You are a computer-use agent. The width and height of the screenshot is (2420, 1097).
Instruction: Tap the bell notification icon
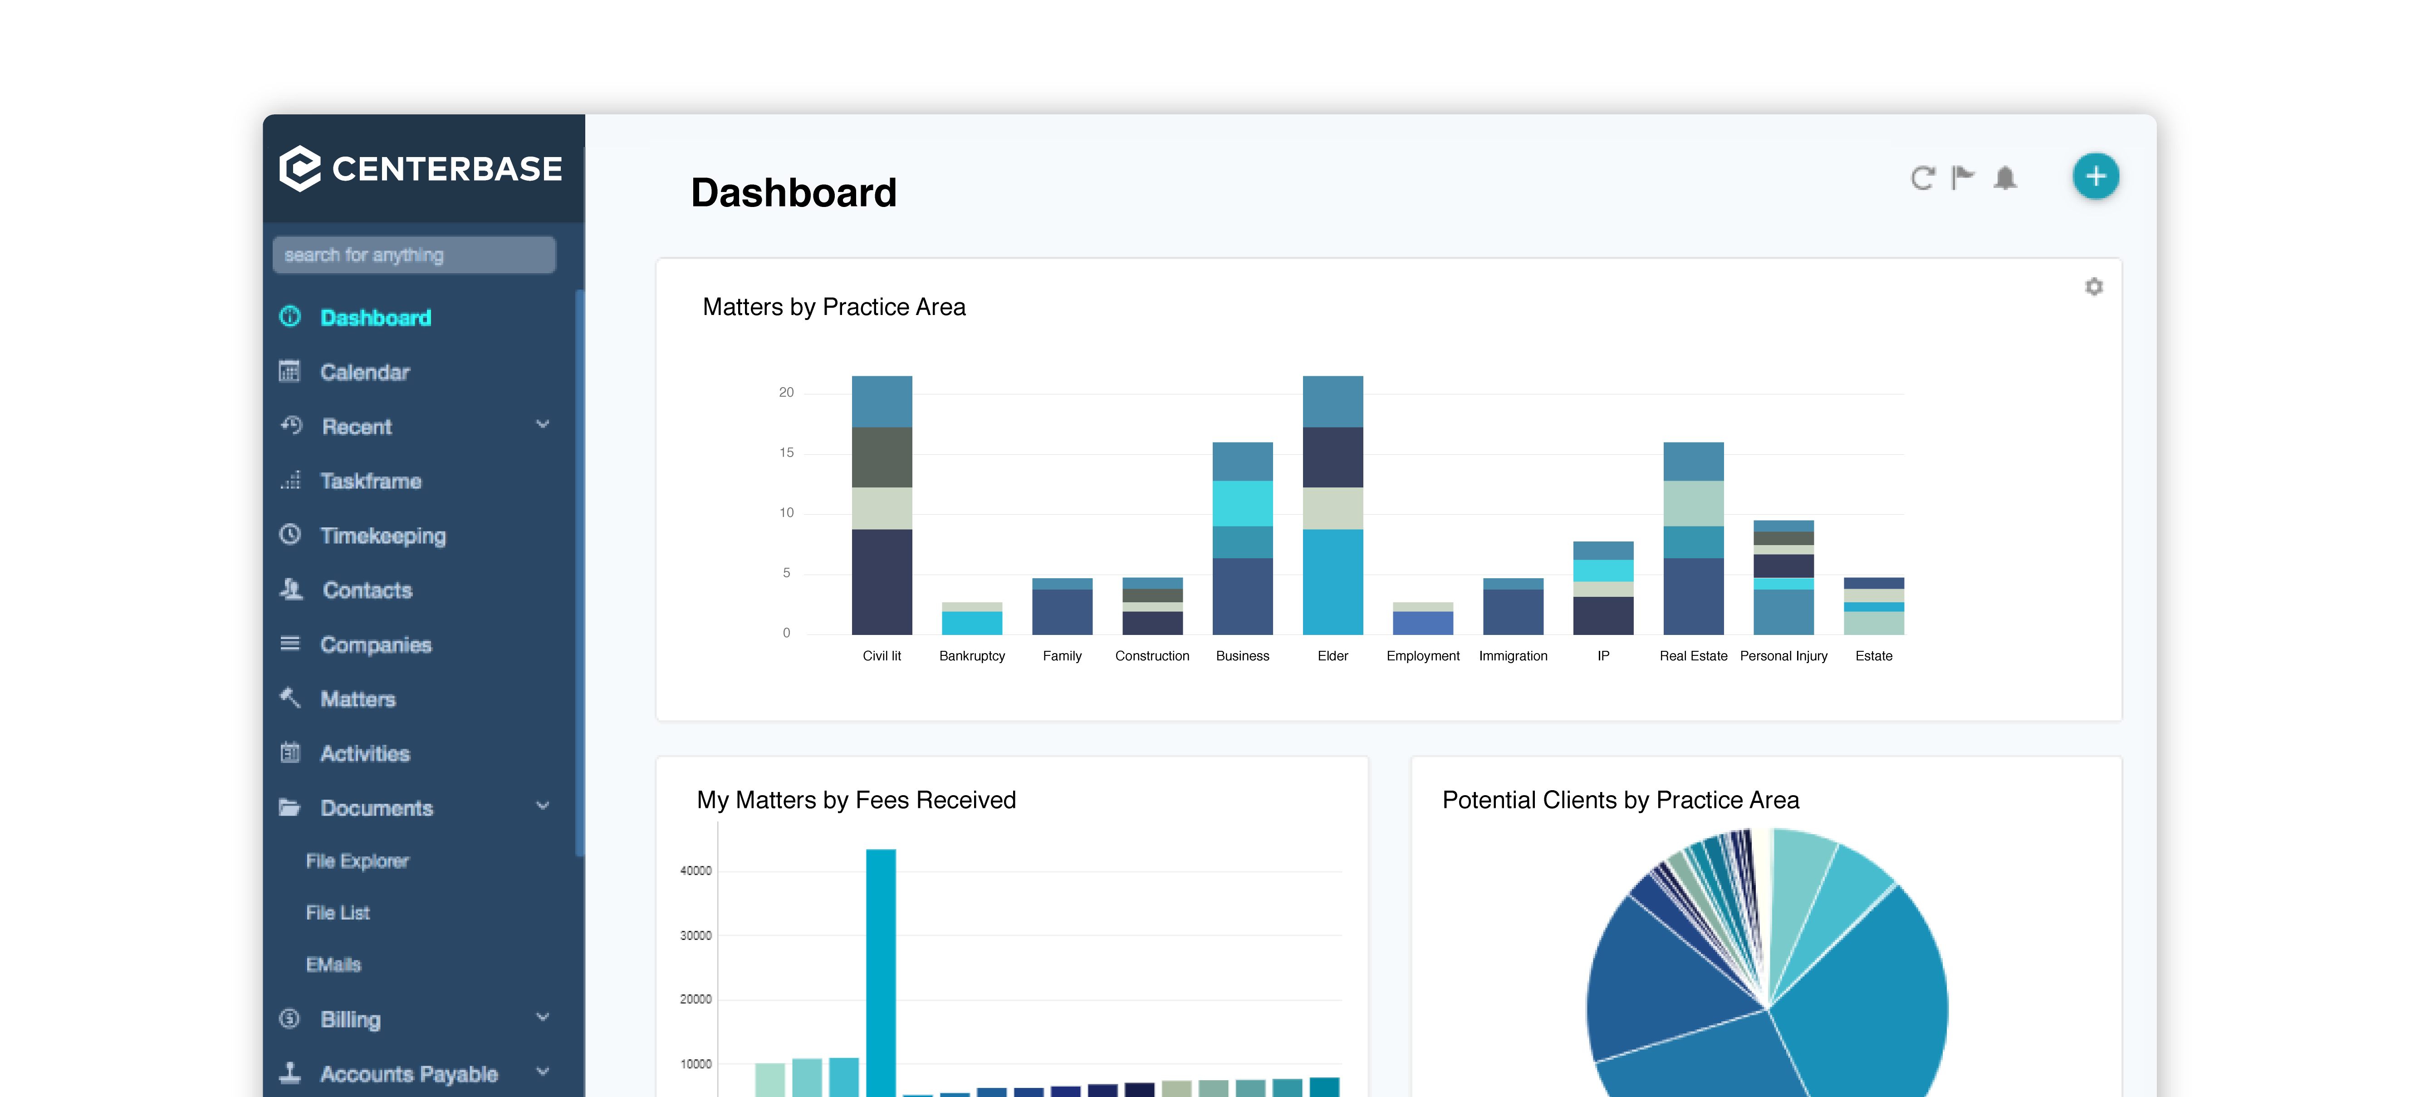(2005, 177)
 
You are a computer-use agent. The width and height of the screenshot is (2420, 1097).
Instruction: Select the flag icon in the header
(1963, 177)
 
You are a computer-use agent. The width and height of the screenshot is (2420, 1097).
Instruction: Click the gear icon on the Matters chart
(2093, 287)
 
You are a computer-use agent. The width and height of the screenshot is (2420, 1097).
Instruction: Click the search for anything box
(413, 255)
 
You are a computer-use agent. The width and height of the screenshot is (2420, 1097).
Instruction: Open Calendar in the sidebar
(364, 372)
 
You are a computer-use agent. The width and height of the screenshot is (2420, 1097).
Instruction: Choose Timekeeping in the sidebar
(382, 536)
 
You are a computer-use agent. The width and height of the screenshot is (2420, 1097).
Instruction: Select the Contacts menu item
(367, 590)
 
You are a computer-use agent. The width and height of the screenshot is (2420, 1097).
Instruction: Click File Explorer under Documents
(357, 861)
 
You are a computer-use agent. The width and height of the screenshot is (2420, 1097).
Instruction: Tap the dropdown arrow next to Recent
(542, 425)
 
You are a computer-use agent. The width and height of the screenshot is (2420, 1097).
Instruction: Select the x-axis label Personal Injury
(1783, 656)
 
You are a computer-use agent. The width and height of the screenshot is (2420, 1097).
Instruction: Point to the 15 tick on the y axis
(786, 453)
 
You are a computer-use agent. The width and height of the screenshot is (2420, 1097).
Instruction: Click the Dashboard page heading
(794, 193)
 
